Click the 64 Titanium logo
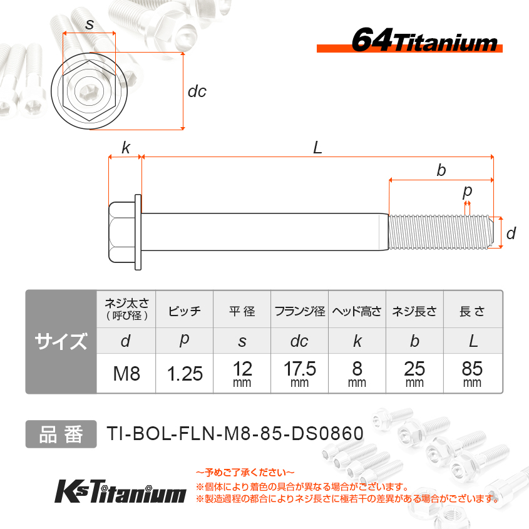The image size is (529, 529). click(409, 40)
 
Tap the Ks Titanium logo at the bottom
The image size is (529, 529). click(120, 491)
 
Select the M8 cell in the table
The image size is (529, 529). click(126, 374)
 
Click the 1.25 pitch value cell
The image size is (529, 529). click(185, 374)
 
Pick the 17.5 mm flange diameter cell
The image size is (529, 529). click(300, 374)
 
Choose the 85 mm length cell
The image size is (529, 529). click(472, 374)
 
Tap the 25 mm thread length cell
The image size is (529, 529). click(414, 374)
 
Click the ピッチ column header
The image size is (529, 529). click(185, 311)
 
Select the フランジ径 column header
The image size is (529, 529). click(300, 311)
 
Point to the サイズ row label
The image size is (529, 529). click(61, 341)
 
